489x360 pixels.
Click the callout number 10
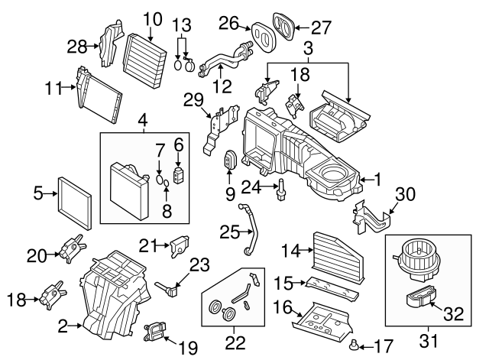click(x=152, y=17)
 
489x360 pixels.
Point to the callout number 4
click(x=142, y=119)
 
